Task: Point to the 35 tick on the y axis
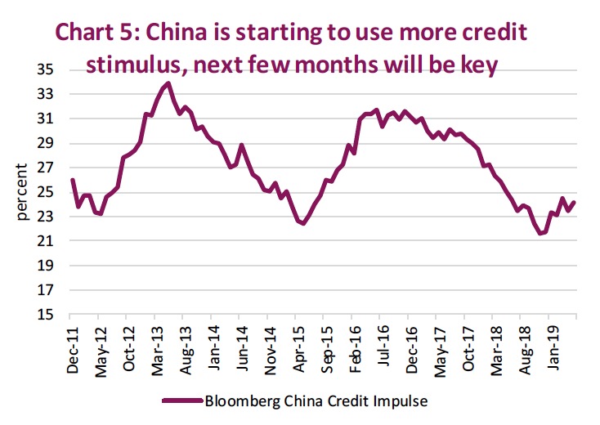point(45,70)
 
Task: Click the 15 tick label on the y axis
point(45,315)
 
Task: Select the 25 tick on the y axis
point(45,192)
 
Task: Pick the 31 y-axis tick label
point(45,119)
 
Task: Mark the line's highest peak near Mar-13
point(168,83)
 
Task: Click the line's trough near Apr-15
point(303,223)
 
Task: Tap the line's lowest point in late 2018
point(540,234)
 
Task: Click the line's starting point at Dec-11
point(72,180)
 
